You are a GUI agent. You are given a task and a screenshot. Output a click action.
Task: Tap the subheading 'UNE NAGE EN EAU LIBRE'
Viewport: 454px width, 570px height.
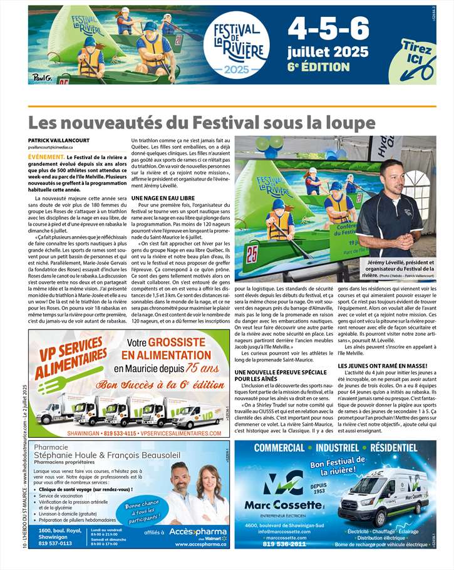click(163, 197)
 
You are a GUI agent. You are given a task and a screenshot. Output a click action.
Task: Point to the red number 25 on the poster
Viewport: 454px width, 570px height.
click(252, 255)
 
